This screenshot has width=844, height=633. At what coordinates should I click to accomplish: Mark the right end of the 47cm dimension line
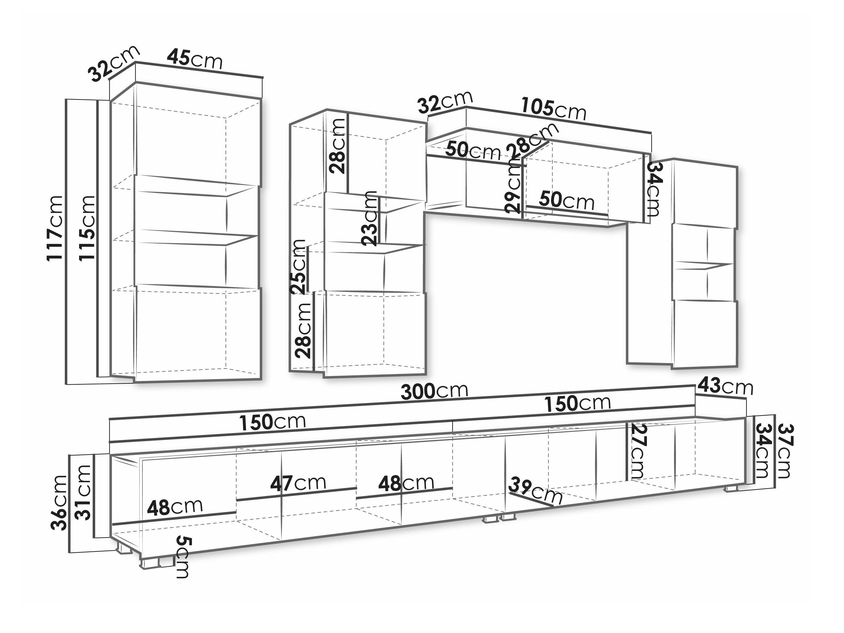pyautogui.click(x=357, y=488)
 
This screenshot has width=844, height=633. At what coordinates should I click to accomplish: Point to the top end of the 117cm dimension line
pyautogui.click(x=66, y=99)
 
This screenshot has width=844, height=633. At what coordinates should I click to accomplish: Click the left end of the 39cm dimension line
pyautogui.click(x=510, y=492)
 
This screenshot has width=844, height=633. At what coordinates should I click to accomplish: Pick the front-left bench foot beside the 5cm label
pyautogui.click(x=150, y=563)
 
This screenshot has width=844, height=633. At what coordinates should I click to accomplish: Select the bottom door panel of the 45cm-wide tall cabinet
pyautogui.click(x=198, y=333)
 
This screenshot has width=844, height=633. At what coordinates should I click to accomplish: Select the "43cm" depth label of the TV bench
pyautogui.click(x=725, y=387)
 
